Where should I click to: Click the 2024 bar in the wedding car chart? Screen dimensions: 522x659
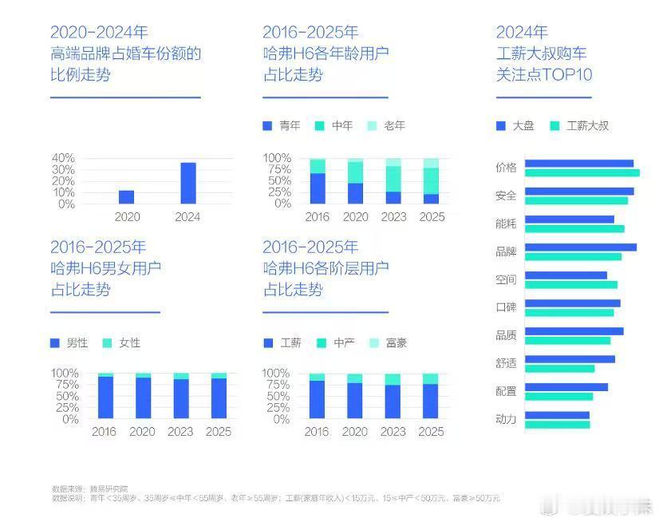tap(187, 183)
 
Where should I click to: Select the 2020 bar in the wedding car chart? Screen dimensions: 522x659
tap(126, 196)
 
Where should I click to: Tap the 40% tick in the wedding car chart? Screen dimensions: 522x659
tap(63, 158)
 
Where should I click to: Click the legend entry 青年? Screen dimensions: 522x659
tap(282, 125)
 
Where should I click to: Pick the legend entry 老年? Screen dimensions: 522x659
tap(387, 125)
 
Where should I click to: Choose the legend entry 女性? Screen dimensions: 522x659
tap(123, 342)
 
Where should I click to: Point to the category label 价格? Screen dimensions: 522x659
tap(506, 168)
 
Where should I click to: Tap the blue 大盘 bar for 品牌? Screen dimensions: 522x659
tap(580, 247)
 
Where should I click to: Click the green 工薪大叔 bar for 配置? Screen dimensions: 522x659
tap(558, 397)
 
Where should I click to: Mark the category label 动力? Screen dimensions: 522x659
tap(506, 419)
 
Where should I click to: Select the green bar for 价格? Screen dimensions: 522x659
tap(582, 172)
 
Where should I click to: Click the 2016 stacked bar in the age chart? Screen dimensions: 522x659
tap(318, 182)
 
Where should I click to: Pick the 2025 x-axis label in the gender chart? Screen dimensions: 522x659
tap(219, 432)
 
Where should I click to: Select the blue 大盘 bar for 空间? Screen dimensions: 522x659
tap(566, 275)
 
